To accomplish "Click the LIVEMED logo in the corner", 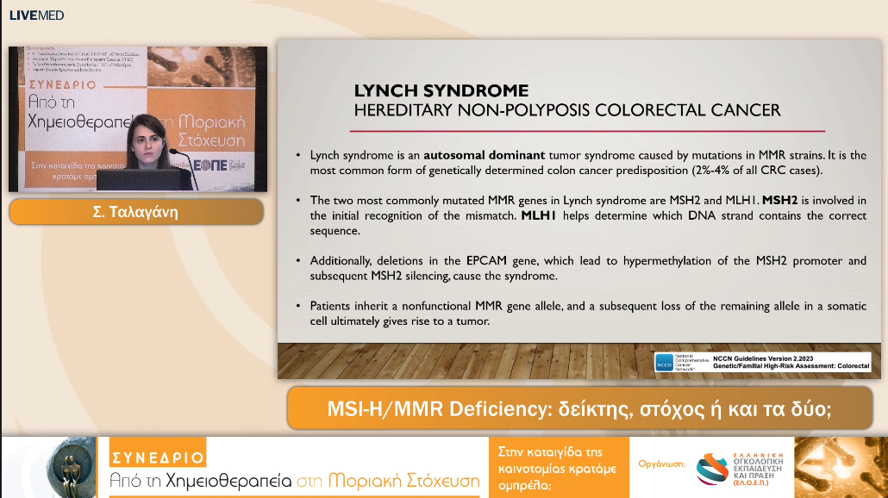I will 36,15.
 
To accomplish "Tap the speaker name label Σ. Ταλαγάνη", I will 136,211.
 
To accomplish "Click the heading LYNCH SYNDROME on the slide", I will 441,90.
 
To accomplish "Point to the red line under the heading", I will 586,131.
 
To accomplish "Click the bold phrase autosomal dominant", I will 485,155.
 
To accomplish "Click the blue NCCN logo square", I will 664,362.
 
